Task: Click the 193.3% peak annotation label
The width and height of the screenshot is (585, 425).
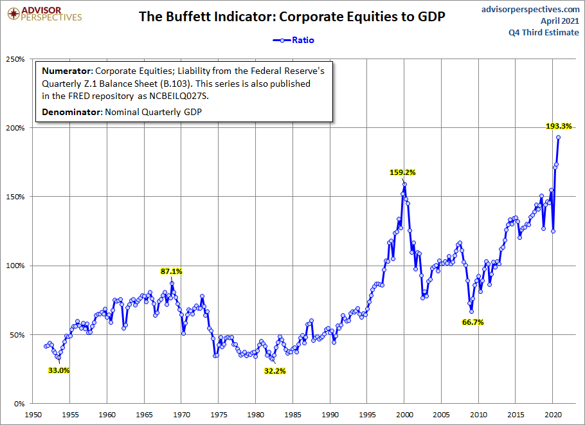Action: click(556, 126)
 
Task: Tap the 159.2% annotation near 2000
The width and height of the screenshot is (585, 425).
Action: click(403, 172)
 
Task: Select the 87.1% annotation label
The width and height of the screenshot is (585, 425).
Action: click(172, 271)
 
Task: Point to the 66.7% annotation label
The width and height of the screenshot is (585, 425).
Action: click(473, 321)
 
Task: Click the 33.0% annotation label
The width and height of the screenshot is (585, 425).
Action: click(59, 370)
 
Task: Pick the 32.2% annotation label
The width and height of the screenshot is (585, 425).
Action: click(274, 370)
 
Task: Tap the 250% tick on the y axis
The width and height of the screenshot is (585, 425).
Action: click(15, 59)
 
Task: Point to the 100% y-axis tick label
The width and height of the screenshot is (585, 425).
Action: click(15, 266)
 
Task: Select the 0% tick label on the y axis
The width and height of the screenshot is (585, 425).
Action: click(19, 404)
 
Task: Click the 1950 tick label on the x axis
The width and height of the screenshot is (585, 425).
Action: click(33, 415)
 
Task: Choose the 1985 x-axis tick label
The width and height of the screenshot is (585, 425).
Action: click(293, 415)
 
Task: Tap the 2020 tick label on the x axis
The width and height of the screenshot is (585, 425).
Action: click(553, 415)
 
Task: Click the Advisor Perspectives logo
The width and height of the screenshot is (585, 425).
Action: click(43, 13)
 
